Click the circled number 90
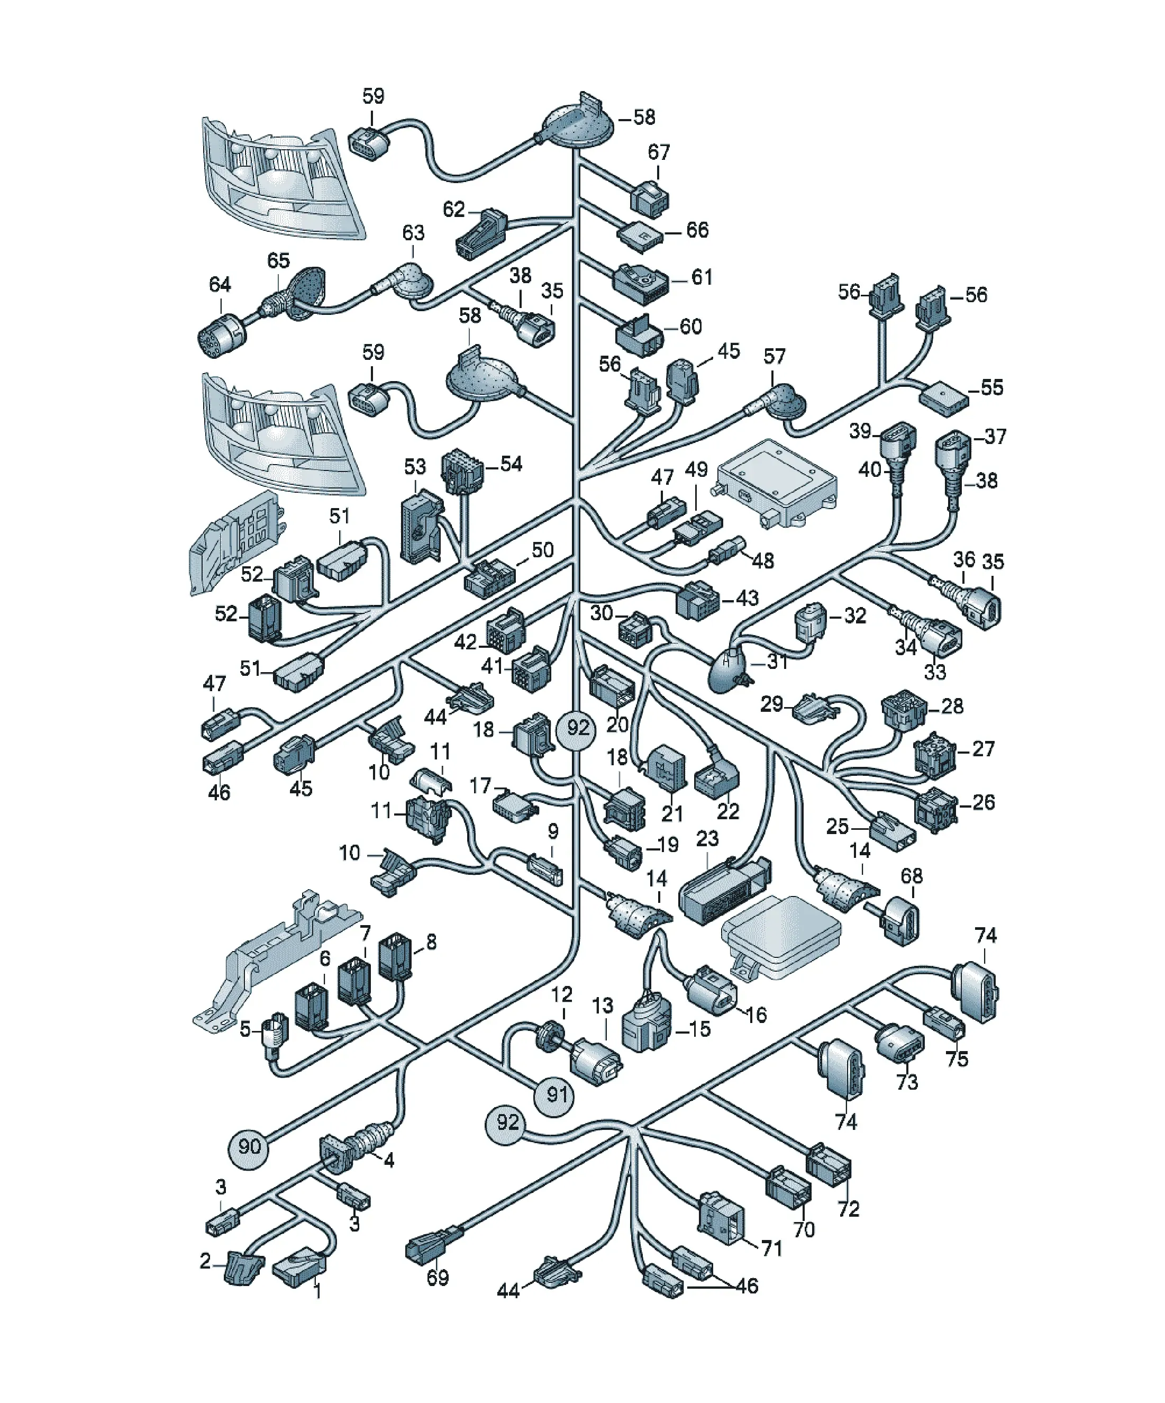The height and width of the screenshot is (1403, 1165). click(x=249, y=1146)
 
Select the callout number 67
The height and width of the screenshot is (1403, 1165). click(x=659, y=152)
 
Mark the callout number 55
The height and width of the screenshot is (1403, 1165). click(x=992, y=387)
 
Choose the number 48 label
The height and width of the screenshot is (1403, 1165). click(x=763, y=560)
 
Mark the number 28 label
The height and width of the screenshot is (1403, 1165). click(x=952, y=706)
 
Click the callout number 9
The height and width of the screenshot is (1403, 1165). click(x=553, y=832)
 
